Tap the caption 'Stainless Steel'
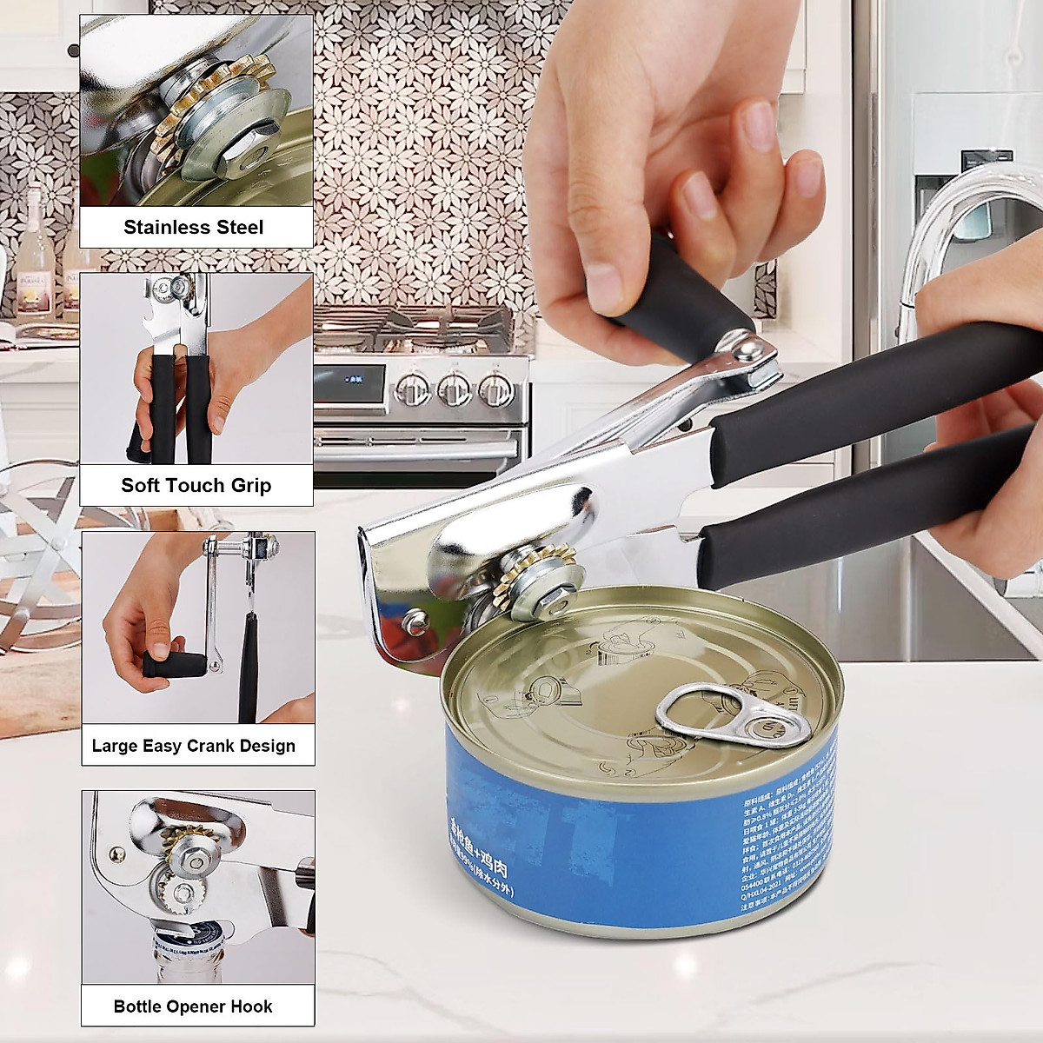point(193,227)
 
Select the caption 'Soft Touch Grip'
point(196,485)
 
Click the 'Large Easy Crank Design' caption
point(194,746)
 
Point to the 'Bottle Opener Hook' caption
point(193,1006)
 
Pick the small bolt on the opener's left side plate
point(414,618)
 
